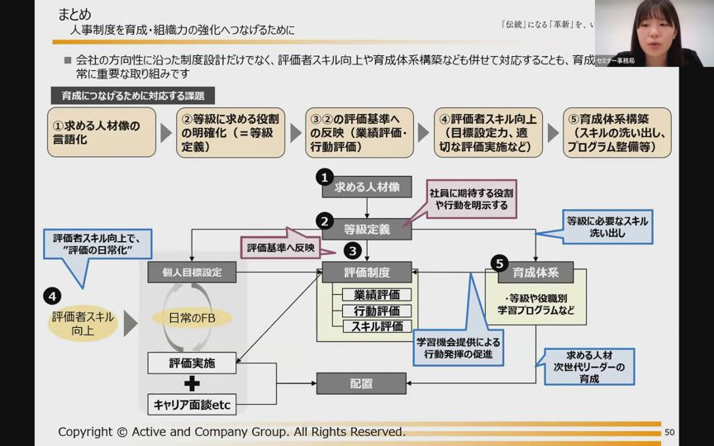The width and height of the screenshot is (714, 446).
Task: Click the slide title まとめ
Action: [x=75, y=14]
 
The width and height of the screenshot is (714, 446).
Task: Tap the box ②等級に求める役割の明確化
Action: [x=230, y=133]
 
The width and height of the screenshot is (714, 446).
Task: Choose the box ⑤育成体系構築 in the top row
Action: [x=616, y=133]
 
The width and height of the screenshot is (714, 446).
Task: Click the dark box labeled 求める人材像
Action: [x=367, y=187]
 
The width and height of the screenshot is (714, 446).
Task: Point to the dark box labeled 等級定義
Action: [x=367, y=229]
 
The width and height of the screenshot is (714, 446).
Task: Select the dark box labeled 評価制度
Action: [x=367, y=271]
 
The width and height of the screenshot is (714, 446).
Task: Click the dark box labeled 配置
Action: [x=361, y=383]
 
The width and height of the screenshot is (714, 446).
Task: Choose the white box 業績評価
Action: [x=377, y=295]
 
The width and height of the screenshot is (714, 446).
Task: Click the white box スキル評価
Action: [x=377, y=326]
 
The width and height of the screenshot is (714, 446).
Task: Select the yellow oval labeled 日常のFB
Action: [x=192, y=318]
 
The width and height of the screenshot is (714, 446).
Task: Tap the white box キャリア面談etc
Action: [x=192, y=405]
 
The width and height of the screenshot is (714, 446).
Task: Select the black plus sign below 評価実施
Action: [x=192, y=382]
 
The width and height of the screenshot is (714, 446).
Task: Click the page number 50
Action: [x=669, y=432]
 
